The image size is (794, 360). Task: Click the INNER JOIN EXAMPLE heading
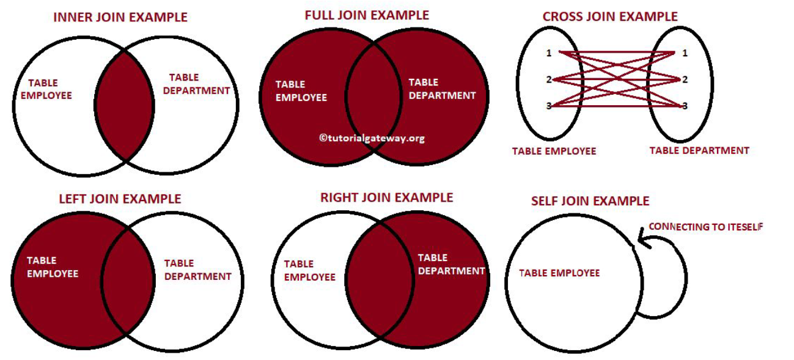click(x=120, y=18)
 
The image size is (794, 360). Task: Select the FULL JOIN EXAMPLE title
click(x=367, y=15)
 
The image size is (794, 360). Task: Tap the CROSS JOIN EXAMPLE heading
click(x=610, y=17)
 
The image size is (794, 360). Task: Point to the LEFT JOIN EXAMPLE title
click(x=120, y=199)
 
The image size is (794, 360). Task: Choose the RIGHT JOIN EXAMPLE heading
click(x=386, y=197)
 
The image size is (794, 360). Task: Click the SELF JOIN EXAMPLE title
click(x=590, y=201)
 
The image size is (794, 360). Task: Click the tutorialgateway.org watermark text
click(x=372, y=138)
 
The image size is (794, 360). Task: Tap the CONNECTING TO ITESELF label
click(x=705, y=227)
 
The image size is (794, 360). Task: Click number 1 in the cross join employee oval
click(x=548, y=53)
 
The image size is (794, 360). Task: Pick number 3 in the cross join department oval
click(x=685, y=106)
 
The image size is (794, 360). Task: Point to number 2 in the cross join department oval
click(x=685, y=79)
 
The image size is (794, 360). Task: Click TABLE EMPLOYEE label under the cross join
click(x=554, y=151)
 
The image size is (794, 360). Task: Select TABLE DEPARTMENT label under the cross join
click(x=699, y=150)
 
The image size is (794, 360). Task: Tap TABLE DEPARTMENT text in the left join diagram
click(x=197, y=270)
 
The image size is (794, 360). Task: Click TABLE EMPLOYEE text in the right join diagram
click(x=309, y=270)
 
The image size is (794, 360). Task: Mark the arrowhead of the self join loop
click(x=640, y=236)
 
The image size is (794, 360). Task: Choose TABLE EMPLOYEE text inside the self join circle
click(x=559, y=273)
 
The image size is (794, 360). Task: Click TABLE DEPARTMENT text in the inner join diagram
click(x=199, y=84)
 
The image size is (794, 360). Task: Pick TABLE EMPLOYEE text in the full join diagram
click(x=301, y=91)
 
